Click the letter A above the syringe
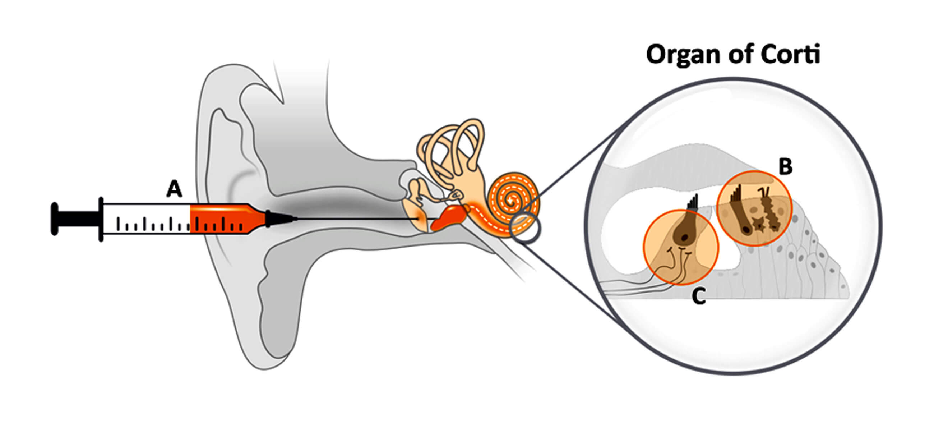174,189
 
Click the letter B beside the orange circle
785,167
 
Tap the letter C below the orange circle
698,296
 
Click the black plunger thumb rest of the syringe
55,219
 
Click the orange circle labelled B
754,208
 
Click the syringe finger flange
101,219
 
